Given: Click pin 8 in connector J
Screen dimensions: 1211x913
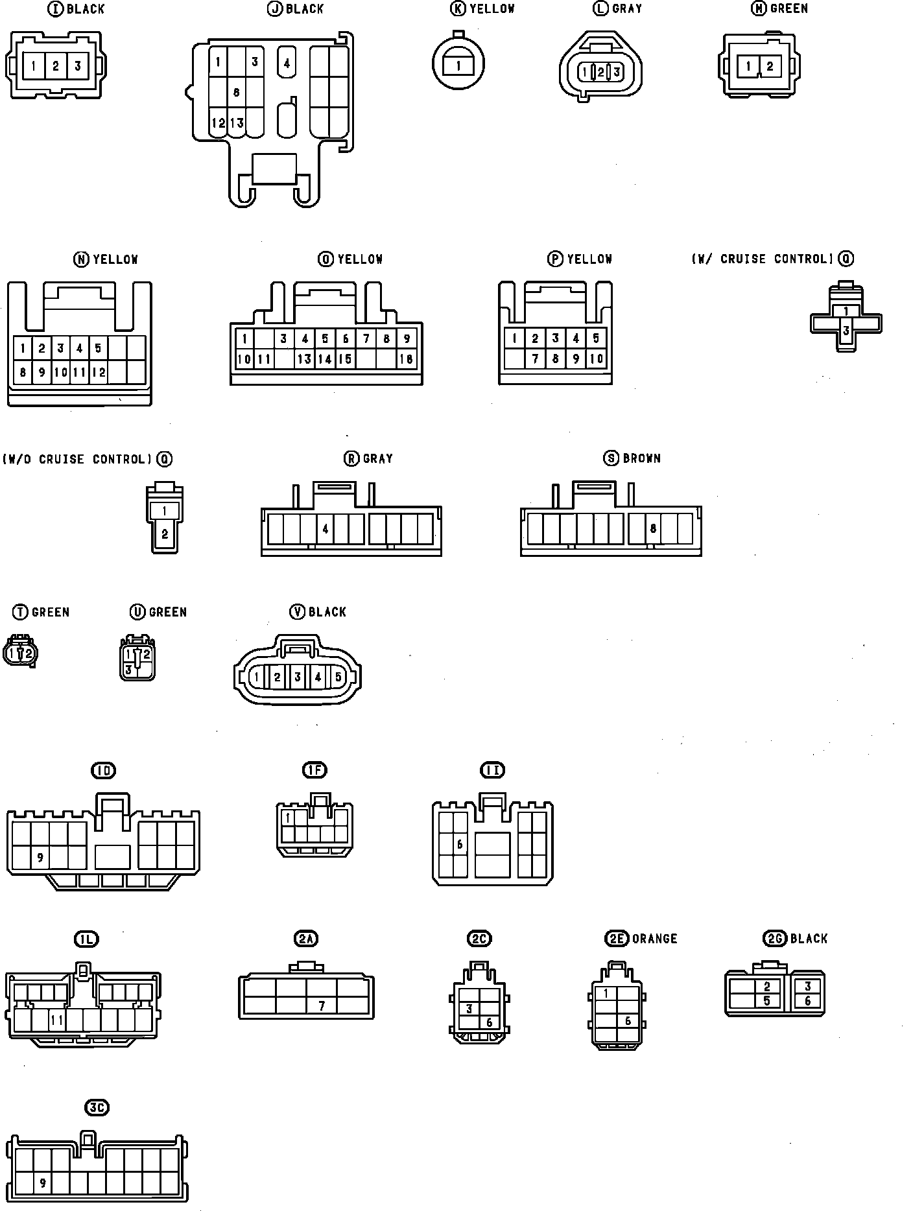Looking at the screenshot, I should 236,93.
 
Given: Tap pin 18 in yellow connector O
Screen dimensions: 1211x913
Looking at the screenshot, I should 407,359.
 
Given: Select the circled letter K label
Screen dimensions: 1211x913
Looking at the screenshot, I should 458,8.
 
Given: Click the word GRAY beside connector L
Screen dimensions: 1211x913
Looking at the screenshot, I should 627,8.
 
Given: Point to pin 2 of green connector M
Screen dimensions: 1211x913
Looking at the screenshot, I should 770,66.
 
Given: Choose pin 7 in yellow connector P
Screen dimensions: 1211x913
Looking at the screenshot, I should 535,359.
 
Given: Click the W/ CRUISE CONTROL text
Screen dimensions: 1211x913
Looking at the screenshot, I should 763,259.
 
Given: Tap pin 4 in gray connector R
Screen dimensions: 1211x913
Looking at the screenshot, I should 325,529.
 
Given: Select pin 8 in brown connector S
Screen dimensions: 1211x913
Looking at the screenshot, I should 653,528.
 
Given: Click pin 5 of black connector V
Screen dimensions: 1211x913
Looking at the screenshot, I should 338,677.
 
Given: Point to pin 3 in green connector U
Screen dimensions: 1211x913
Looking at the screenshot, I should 129,670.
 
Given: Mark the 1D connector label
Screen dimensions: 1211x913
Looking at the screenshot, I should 104,770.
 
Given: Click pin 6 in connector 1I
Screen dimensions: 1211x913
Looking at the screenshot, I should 460,844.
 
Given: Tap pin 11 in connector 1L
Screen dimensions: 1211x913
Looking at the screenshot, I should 57,1020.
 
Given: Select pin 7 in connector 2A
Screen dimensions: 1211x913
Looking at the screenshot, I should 322,1006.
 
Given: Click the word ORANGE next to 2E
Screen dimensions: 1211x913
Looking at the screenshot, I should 654,939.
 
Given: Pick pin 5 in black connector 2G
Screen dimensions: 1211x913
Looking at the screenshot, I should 766,1000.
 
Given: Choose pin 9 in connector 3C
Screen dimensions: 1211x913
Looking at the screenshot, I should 43,1183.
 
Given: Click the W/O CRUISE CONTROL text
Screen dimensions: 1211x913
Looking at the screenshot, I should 77,460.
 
